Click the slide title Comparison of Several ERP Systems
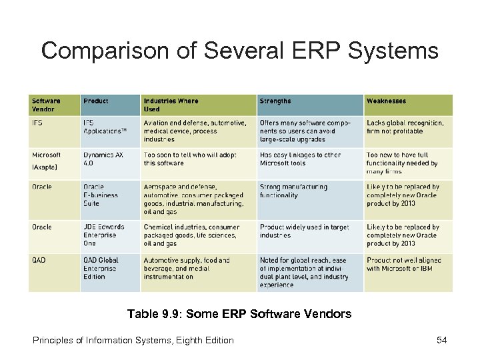point(240,50)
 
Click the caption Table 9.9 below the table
point(240,313)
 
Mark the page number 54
point(441,340)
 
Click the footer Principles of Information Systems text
point(133,340)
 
